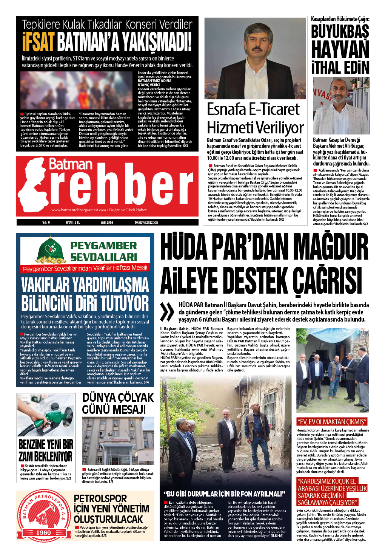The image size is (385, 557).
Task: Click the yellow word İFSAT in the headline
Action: click(x=38, y=42)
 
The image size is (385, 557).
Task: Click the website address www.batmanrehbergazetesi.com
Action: click(x=79, y=210)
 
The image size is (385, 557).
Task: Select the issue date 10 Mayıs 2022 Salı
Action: click(x=146, y=223)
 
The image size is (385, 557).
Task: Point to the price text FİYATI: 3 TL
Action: click(x=72, y=223)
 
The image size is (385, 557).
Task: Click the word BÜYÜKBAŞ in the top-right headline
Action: click(x=340, y=32)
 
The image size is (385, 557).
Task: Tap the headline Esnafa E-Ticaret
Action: click(x=253, y=110)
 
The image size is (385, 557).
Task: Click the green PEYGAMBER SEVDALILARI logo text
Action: click(x=103, y=251)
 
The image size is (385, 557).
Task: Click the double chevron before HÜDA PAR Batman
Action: click(x=167, y=312)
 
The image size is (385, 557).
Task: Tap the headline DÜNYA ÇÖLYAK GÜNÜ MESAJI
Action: click(x=118, y=403)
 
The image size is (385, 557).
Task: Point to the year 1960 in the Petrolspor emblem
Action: click(x=43, y=532)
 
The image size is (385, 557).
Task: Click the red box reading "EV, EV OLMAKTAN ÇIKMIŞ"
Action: click(x=332, y=422)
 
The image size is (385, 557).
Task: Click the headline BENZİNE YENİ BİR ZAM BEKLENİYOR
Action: click(x=46, y=450)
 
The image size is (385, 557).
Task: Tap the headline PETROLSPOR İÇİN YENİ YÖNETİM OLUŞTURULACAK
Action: click(x=111, y=509)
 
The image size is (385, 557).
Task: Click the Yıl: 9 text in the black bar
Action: click(x=46, y=223)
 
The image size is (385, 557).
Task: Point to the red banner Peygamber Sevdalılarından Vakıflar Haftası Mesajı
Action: click(x=85, y=268)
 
